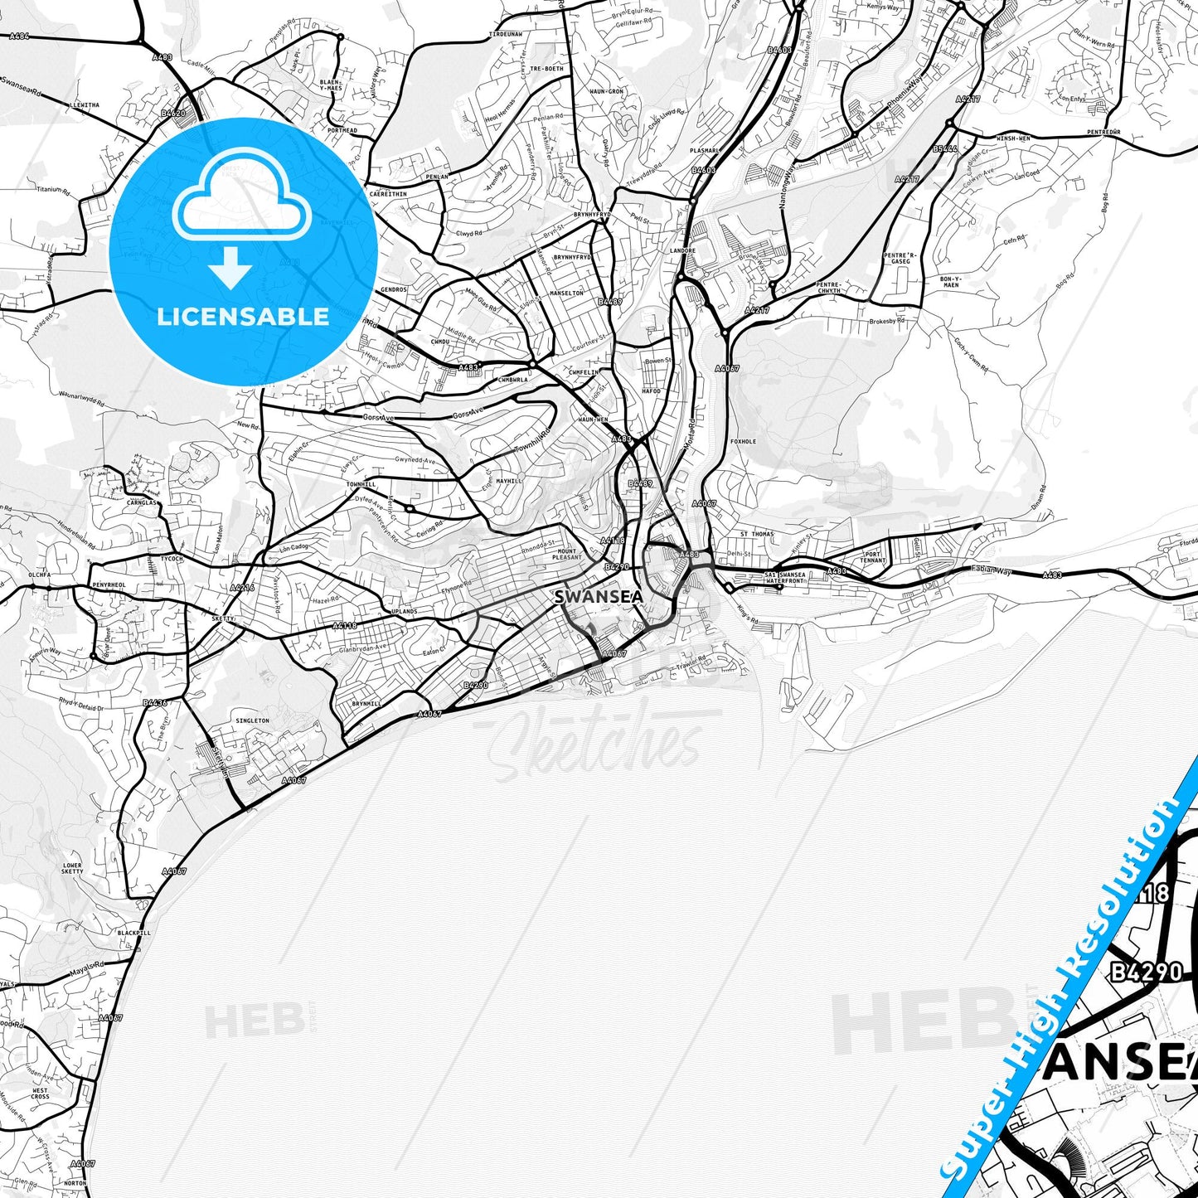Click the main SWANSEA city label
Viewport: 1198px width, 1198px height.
pos(598,597)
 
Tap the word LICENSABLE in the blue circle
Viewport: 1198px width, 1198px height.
pos(243,317)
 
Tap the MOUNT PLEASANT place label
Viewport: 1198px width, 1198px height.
pos(567,554)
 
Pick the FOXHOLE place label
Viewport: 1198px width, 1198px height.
pos(743,442)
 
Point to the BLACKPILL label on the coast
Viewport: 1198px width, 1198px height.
pos(133,933)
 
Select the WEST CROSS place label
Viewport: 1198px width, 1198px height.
pos(40,1094)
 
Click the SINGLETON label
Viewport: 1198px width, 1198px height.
pos(252,721)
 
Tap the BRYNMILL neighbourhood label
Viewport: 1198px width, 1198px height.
pos(366,703)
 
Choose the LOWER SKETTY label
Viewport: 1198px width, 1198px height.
pos(72,868)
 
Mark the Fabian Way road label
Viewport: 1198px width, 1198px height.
pos(992,570)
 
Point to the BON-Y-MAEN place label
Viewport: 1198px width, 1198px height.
pos(950,282)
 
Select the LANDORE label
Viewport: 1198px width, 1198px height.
pos(681,250)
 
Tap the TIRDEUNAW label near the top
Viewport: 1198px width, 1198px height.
pos(505,35)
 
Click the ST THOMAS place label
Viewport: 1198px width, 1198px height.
pos(756,535)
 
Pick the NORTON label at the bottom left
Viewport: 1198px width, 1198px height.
pos(75,1183)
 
